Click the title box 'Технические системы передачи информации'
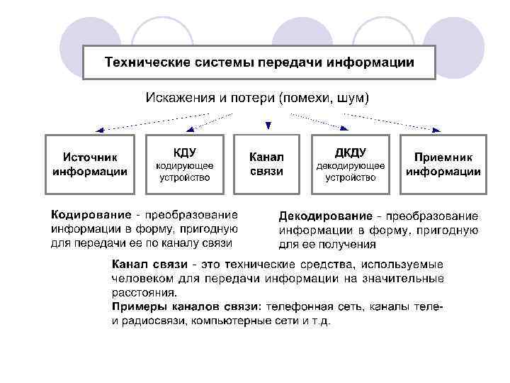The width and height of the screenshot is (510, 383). click(259, 62)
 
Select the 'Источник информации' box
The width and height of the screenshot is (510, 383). click(90, 164)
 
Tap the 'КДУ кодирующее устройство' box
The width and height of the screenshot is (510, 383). click(184, 164)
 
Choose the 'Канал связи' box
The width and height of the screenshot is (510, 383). click(266, 164)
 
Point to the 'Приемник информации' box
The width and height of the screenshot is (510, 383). click(443, 164)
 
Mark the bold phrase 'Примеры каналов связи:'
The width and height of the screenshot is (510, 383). click(186, 307)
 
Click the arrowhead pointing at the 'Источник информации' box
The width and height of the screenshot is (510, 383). click(99, 130)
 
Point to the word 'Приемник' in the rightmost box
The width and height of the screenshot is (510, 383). click(443, 157)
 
